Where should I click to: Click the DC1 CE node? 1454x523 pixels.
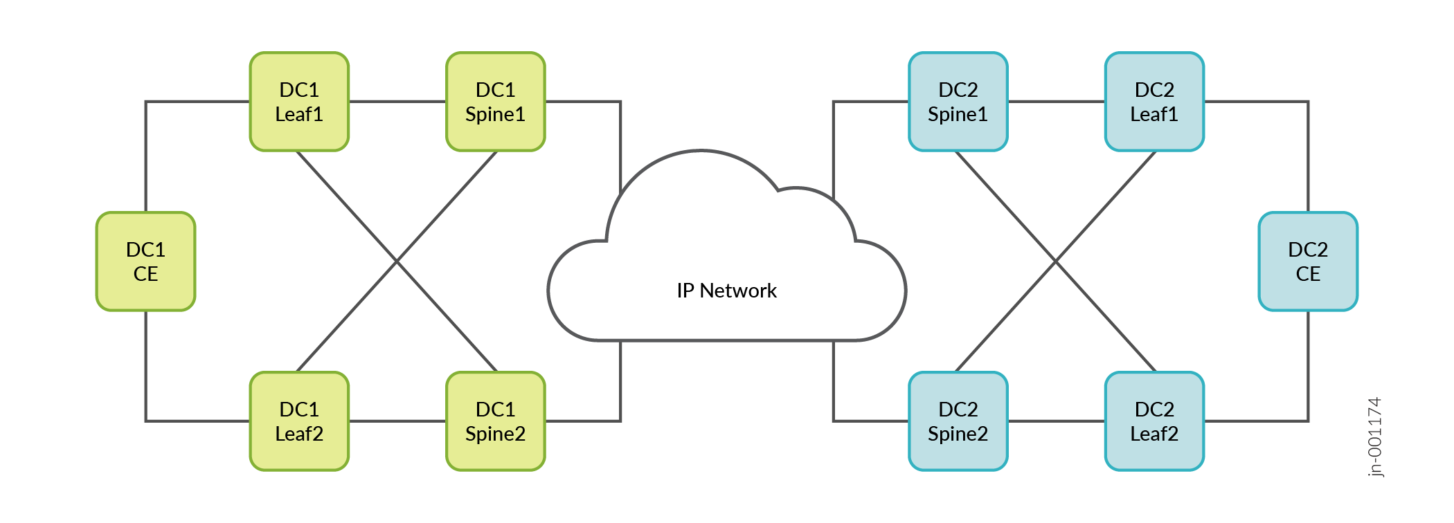(145, 261)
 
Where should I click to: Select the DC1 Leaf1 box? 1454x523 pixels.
(299, 102)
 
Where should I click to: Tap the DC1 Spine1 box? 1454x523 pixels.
(496, 102)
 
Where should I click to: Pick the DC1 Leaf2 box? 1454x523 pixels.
(299, 421)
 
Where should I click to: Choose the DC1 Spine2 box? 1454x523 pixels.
(496, 421)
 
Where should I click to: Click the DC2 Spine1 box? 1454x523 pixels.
(958, 102)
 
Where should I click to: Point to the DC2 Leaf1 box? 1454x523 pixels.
(1154, 102)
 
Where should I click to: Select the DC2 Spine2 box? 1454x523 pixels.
(958, 421)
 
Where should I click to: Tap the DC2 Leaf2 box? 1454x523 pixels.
(1154, 421)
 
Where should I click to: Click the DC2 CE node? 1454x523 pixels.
(1308, 261)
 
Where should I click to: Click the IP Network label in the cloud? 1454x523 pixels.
(726, 291)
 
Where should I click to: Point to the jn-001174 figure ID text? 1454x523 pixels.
(1375, 437)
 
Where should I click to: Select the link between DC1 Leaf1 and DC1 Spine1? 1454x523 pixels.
(397, 102)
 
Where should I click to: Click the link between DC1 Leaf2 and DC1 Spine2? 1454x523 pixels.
(397, 421)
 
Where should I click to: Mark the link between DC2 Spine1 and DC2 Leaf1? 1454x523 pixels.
(1057, 102)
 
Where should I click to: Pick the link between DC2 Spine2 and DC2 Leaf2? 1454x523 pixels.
(1057, 421)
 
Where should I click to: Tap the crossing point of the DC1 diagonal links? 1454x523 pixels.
(397, 261)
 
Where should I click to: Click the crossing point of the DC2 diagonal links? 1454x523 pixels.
(1056, 261)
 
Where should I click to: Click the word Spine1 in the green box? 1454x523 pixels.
(495, 114)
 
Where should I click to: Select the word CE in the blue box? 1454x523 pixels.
(1308, 274)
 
